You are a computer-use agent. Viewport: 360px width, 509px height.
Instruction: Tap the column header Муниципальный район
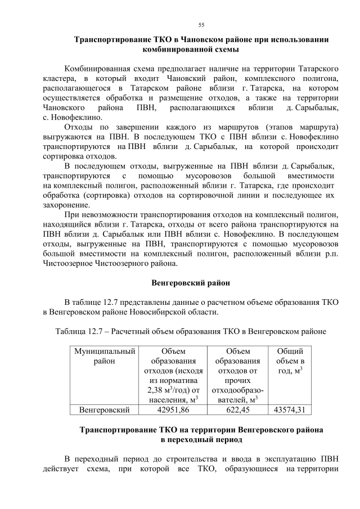[x=104, y=356]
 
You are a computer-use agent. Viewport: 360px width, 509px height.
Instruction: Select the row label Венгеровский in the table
[x=104, y=409]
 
